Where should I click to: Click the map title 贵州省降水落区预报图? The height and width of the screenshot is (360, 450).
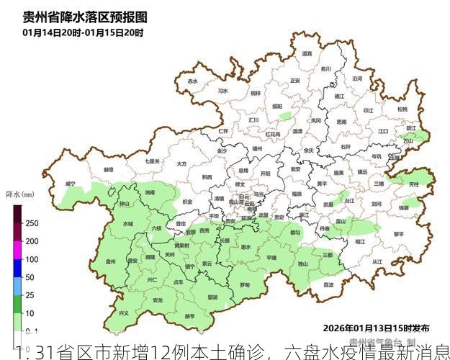click(x=85, y=17)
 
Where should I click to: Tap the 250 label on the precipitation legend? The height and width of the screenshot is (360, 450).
click(x=32, y=223)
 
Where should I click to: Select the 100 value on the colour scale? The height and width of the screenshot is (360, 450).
click(x=32, y=259)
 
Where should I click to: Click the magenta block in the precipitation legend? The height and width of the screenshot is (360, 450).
click(x=17, y=250)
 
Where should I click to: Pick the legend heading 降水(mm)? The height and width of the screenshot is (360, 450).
click(x=20, y=194)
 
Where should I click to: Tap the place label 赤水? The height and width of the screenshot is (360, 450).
click(x=192, y=81)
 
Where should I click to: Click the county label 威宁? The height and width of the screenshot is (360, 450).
click(x=70, y=184)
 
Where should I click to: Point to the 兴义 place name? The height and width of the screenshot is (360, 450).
click(x=123, y=312)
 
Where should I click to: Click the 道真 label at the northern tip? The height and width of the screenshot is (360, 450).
click(x=307, y=53)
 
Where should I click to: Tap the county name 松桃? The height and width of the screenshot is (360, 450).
click(x=402, y=109)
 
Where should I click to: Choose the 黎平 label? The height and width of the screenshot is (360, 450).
click(x=399, y=234)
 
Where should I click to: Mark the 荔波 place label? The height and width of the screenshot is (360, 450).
click(x=328, y=284)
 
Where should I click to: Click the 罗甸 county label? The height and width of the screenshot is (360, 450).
click(x=245, y=285)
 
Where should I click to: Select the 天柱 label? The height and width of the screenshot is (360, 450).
click(x=414, y=185)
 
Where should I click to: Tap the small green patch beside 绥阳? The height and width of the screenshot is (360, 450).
click(x=287, y=115)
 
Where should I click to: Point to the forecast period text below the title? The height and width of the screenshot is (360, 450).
click(x=84, y=32)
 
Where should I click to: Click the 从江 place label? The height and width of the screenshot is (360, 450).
click(x=377, y=262)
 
